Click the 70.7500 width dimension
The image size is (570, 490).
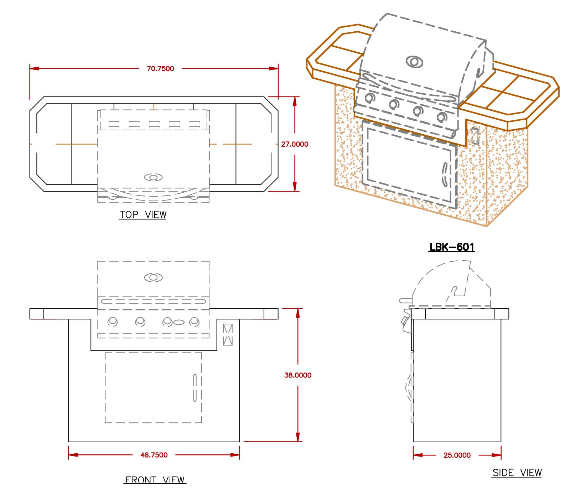(160, 68)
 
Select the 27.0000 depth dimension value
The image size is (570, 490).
(295, 144)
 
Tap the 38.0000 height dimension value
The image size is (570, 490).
(298, 375)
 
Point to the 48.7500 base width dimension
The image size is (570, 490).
(154, 455)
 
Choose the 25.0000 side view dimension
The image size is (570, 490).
(457, 455)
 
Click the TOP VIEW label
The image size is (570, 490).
(143, 215)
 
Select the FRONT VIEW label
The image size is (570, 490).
(155, 480)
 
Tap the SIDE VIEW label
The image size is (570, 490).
(517, 473)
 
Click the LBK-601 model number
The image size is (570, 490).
(452, 247)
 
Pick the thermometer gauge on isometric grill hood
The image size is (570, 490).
(414, 62)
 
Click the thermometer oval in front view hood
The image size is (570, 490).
(154, 277)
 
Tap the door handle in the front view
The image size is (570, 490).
(195, 388)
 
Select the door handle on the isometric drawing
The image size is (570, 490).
(445, 175)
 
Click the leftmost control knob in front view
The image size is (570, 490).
(113, 322)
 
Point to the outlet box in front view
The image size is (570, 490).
(228, 334)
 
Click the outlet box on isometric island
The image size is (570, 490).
(475, 135)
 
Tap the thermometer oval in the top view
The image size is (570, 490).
(154, 177)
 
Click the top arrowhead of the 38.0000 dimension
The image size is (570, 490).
(298, 313)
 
